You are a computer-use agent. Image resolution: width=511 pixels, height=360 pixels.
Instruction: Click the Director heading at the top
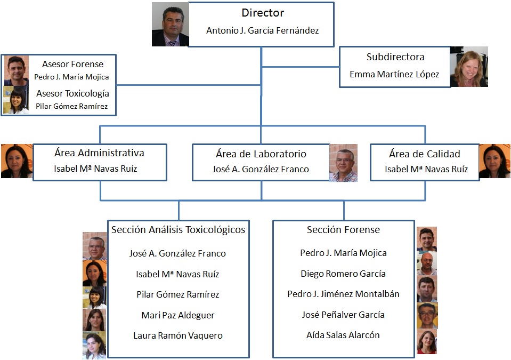coord(262,13)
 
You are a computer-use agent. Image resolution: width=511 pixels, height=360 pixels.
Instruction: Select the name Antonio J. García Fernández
coord(262,31)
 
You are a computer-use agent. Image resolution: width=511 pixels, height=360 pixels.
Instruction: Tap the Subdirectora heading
coord(395,57)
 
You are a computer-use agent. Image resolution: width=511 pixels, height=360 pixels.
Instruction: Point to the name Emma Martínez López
coord(394,75)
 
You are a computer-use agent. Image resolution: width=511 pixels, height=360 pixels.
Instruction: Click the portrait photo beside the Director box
coord(170,25)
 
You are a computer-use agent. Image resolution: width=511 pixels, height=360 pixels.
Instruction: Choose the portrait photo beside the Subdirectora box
coord(468,67)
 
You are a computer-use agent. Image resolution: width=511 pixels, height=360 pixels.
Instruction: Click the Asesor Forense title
coord(72,65)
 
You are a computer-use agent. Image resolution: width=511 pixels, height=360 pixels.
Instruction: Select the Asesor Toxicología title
coord(72,93)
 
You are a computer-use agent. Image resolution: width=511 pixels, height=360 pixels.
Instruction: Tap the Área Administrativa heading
coord(99,153)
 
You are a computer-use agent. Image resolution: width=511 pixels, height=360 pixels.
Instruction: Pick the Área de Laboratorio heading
coord(261,154)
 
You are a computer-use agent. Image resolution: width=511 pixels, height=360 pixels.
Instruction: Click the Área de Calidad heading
coord(425,154)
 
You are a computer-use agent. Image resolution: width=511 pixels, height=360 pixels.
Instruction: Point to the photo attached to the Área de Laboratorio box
coord(343,163)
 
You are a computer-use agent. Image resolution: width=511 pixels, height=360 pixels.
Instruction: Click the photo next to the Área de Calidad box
coord(494,161)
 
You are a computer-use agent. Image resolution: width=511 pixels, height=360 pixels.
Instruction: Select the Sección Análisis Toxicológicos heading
coord(178,230)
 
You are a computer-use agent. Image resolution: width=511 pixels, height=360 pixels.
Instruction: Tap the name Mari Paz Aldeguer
coord(178,315)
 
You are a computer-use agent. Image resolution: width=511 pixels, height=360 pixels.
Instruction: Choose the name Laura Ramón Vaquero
coord(178,335)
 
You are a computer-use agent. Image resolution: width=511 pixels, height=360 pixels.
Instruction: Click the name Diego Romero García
coord(343,274)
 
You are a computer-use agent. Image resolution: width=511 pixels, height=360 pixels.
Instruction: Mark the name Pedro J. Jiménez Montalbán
coord(343,294)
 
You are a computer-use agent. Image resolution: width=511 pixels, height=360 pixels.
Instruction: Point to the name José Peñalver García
coord(343,315)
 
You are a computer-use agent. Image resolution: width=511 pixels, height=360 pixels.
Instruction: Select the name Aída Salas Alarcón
coord(343,335)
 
